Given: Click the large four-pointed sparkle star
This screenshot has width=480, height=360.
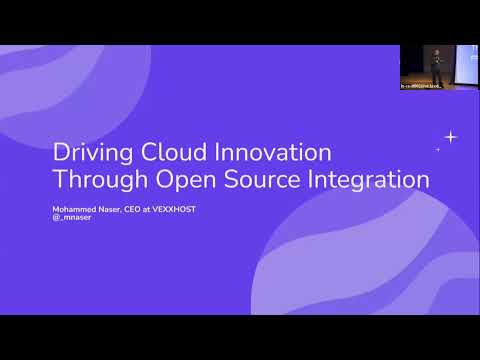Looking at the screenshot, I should (x=451, y=137).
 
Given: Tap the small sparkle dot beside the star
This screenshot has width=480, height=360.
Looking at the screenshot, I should (x=438, y=149).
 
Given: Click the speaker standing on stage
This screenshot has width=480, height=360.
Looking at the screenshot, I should (x=435, y=66).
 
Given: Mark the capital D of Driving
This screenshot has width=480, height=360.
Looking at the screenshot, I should (x=59, y=154).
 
